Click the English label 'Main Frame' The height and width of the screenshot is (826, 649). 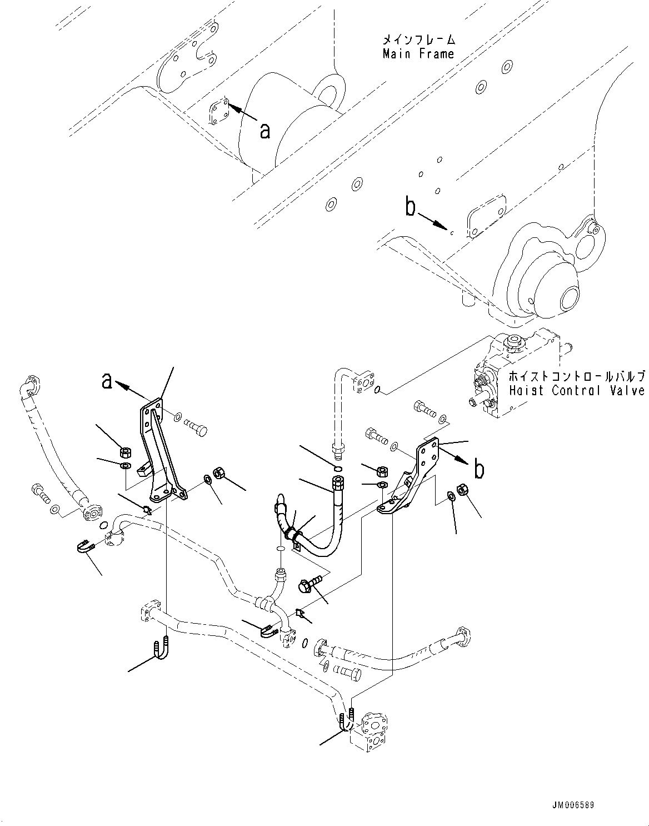tap(418, 54)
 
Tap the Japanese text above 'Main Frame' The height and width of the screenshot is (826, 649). tap(418, 40)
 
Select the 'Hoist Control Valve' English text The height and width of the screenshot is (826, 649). tap(576, 390)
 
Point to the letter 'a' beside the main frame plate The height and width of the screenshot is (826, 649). tap(265, 131)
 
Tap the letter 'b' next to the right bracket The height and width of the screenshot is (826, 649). tap(478, 470)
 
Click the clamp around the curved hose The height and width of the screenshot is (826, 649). tap(292, 535)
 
